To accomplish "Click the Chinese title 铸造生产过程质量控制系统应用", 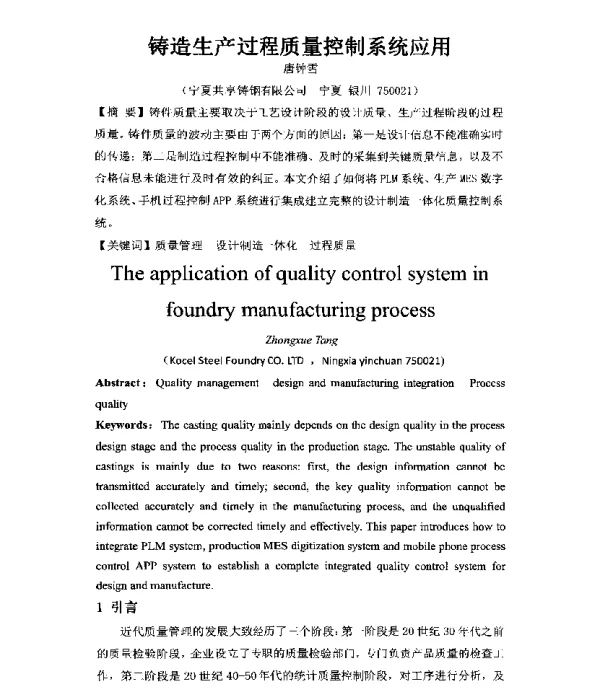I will [x=298, y=46].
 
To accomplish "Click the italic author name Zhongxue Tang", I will [x=299, y=342].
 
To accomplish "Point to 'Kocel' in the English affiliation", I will [x=188, y=360].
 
